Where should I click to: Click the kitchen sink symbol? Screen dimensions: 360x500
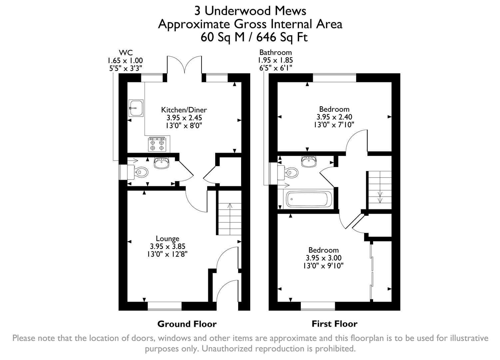click(136, 108)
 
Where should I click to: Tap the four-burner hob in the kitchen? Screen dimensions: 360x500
click(157, 144)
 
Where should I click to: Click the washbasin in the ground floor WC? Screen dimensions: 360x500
click(162, 163)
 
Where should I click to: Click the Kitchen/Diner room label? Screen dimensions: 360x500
click(184, 110)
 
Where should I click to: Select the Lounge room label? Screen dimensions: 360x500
click(168, 238)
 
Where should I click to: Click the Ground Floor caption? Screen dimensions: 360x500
click(187, 324)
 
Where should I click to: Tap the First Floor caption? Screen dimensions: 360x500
click(334, 324)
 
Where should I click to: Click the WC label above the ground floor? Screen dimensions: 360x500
click(126, 52)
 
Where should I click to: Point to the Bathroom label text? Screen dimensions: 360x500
click(275, 52)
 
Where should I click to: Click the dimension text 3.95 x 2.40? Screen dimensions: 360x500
click(334, 117)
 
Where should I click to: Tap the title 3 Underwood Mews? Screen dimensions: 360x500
click(250, 11)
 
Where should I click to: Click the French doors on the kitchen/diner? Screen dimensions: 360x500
click(184, 65)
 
